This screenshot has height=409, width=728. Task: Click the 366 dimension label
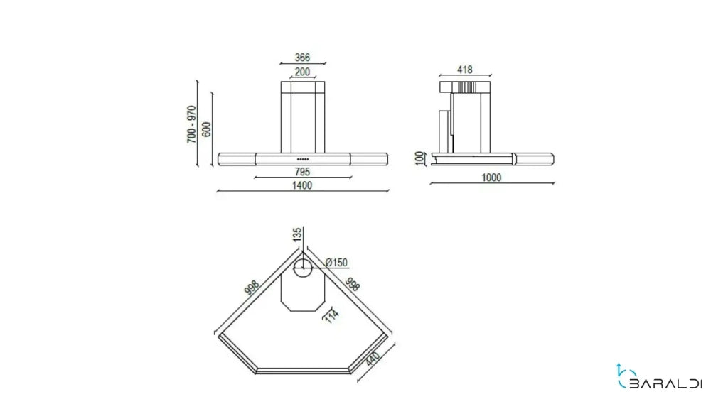(302, 58)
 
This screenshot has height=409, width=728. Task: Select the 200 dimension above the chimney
(302, 72)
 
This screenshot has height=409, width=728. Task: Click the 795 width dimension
(303, 172)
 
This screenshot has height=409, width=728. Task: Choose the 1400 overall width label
(302, 185)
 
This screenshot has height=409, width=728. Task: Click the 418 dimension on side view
(464, 70)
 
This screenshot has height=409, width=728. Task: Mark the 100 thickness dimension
(420, 158)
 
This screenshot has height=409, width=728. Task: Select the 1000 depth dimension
(492, 178)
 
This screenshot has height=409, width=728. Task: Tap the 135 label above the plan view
(297, 234)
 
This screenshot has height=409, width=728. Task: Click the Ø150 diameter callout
(336, 263)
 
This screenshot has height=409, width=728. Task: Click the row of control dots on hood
(303, 159)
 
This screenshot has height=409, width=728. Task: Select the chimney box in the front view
(303, 117)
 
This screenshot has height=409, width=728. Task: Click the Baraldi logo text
(665, 383)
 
